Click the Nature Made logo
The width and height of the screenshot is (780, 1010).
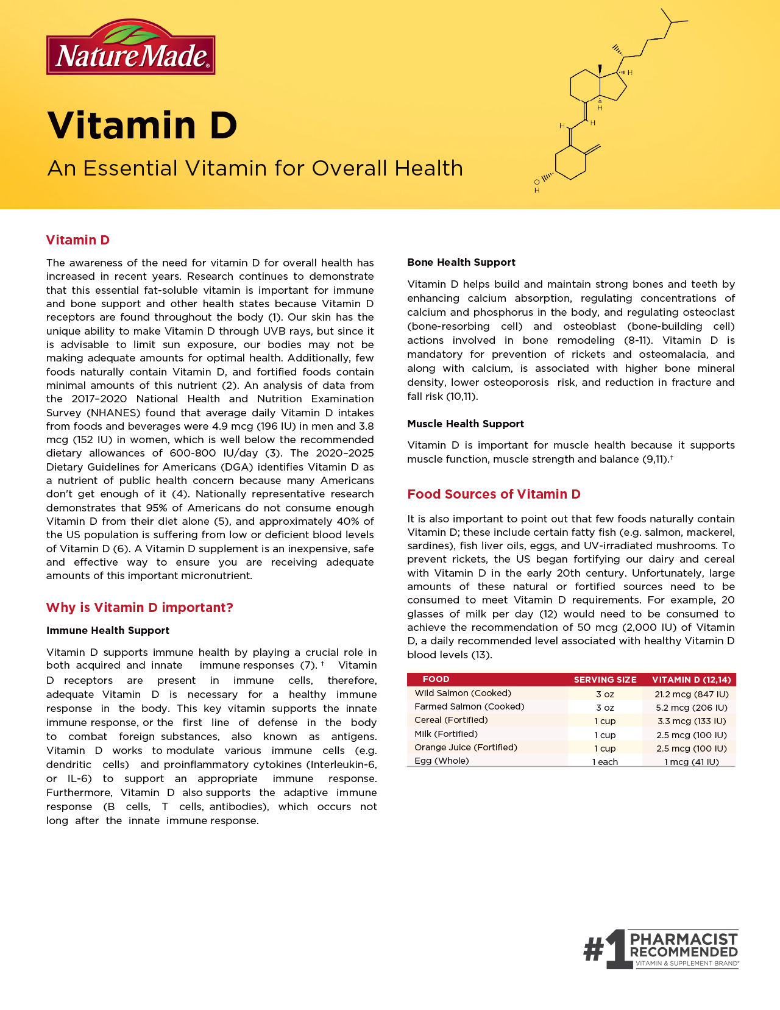[130, 48]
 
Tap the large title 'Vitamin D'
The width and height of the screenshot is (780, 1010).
[142, 125]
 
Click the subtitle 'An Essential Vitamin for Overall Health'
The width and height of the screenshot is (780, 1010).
[255, 168]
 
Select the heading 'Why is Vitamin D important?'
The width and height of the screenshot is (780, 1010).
[140, 608]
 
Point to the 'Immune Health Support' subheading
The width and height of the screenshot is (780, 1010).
[108, 630]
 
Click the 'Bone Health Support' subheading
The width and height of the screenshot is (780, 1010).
[461, 262]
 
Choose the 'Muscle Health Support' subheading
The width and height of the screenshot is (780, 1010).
[466, 424]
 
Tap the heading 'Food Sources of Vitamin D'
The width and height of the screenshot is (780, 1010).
[494, 494]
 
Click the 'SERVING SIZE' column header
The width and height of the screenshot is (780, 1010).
[605, 680]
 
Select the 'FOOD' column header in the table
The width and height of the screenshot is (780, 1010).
[436, 679]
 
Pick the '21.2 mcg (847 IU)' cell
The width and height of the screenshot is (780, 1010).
[691, 694]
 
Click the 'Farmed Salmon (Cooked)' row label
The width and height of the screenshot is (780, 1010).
[469, 706]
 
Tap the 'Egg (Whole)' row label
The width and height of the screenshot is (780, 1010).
[442, 761]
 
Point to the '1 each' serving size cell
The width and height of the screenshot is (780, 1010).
[605, 762]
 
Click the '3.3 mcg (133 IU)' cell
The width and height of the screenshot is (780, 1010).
[691, 721]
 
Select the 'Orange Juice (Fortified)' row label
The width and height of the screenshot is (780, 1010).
[466, 747]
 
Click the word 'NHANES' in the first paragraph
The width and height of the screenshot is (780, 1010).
[111, 413]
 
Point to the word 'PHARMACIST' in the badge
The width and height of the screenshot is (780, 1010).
[684, 939]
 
